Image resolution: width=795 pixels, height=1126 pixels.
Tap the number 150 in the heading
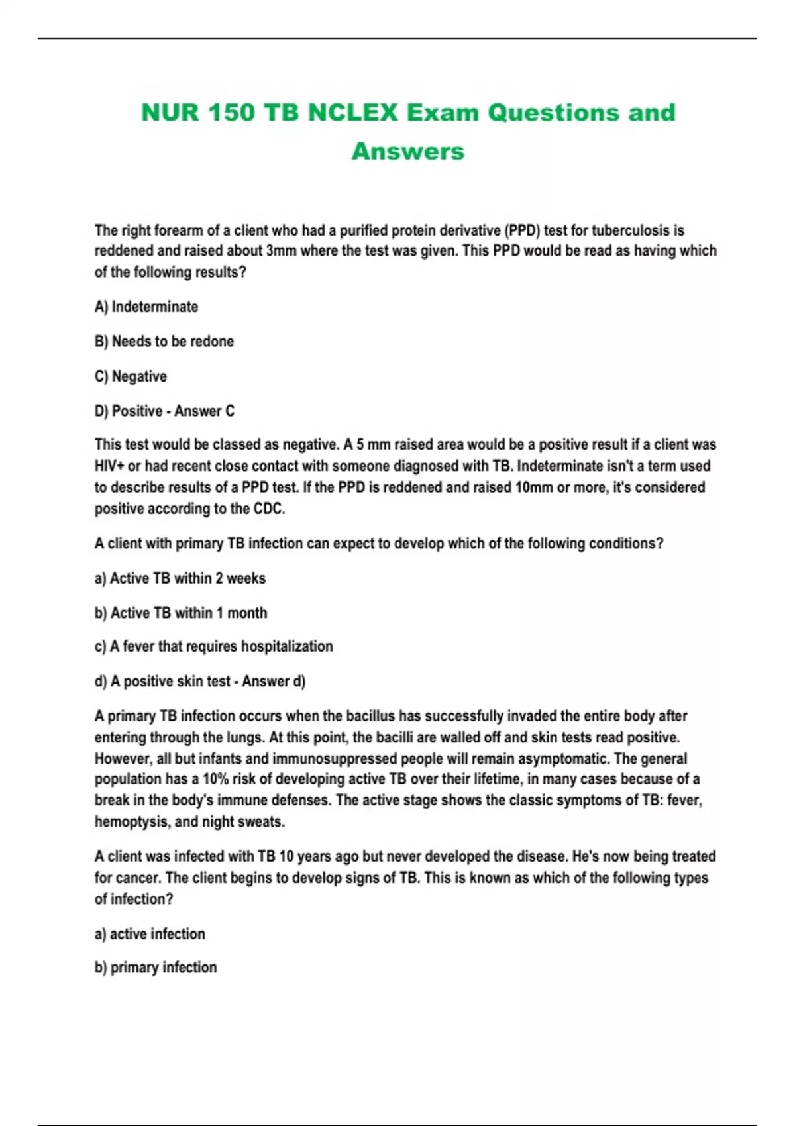point(231,113)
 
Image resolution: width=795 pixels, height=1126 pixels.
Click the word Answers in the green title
point(407,151)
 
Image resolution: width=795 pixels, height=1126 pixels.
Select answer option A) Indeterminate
point(146,307)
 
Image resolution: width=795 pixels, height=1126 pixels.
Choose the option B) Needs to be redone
point(164,342)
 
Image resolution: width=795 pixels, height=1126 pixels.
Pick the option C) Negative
point(131,376)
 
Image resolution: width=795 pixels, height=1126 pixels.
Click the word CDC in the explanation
point(268,509)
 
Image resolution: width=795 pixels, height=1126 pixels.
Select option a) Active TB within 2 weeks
point(180,578)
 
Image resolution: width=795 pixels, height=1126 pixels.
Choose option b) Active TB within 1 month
point(181,613)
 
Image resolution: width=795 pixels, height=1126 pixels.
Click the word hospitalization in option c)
point(287,646)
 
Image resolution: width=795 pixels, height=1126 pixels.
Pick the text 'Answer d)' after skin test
point(274,682)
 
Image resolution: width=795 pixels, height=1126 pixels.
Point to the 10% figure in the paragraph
point(215,779)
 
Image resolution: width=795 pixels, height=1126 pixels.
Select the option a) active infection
point(150,934)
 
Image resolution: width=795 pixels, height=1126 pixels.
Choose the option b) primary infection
point(156,968)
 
